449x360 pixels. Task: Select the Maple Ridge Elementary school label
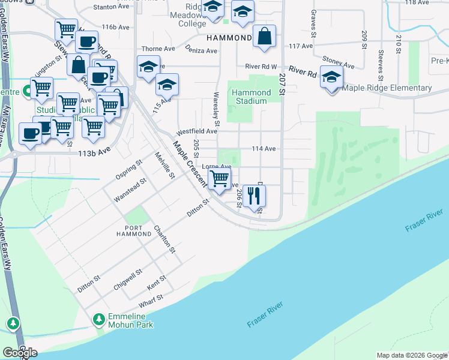387,88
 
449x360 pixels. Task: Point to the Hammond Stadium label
250,97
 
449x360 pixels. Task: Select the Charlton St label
164,239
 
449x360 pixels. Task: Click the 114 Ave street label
264,148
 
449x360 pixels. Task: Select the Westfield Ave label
196,131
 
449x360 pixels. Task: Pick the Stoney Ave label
339,62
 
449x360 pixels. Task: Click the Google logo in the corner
20,352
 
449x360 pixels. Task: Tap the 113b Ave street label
94,152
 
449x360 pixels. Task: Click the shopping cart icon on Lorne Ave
220,178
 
